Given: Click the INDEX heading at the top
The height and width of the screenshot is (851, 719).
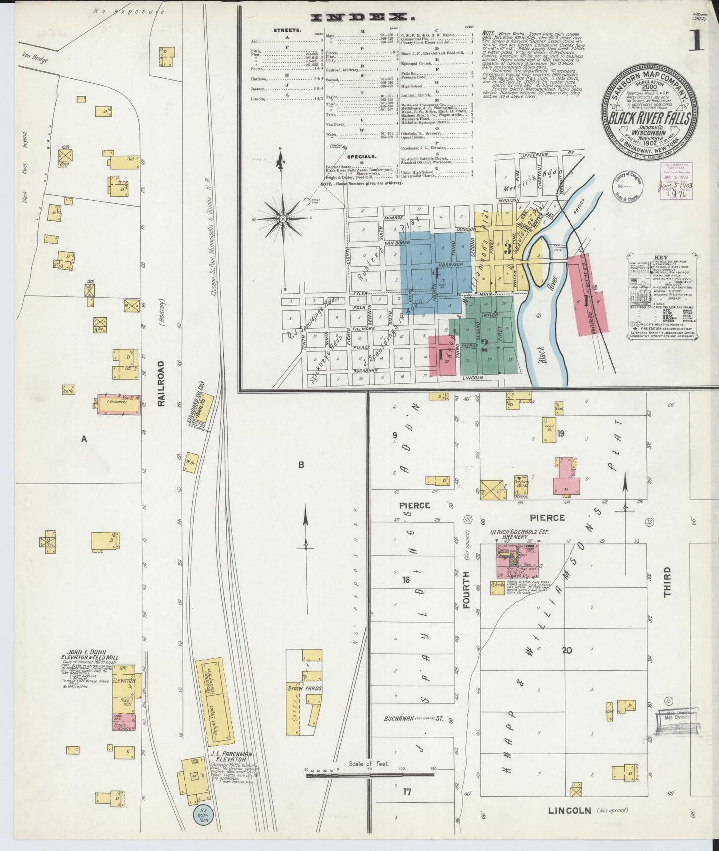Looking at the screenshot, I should coord(363,18).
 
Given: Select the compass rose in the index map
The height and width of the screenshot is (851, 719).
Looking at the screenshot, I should coord(282,218).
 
